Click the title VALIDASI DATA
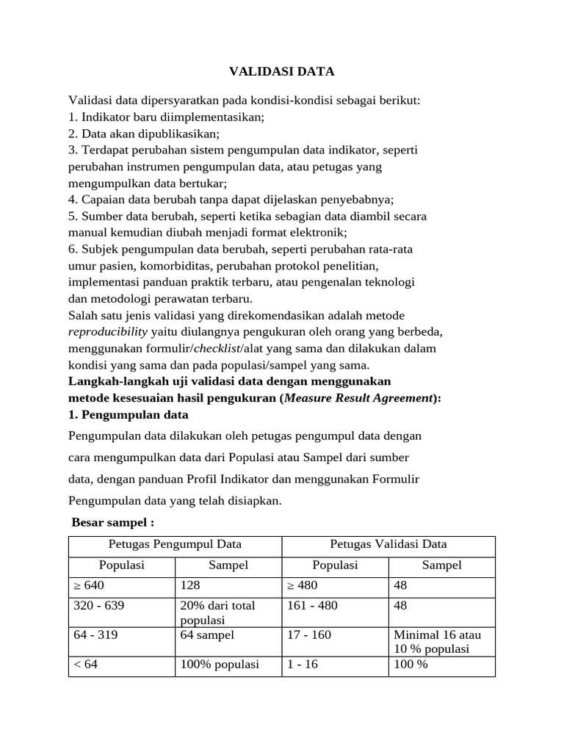pyautogui.click(x=281, y=71)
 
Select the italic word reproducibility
pyautogui.click(x=108, y=331)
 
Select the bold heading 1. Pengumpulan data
pyautogui.click(x=128, y=414)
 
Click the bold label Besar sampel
pyautogui.click(x=112, y=523)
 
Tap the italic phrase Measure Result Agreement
pyautogui.click(x=358, y=398)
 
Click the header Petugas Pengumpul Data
pyautogui.click(x=175, y=545)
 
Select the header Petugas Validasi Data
pyautogui.click(x=388, y=545)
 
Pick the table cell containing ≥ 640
pyautogui.click(x=121, y=586)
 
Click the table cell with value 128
pyautogui.click(x=228, y=586)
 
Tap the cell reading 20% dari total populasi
pyautogui.click(x=228, y=612)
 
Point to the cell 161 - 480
pyautogui.click(x=335, y=607)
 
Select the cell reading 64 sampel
pyautogui.click(x=228, y=635)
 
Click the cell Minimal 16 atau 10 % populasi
pyautogui.click(x=441, y=641)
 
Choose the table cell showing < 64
pyautogui.click(x=121, y=665)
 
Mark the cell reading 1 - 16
pyautogui.click(x=335, y=665)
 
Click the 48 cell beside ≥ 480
pyautogui.click(x=441, y=586)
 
